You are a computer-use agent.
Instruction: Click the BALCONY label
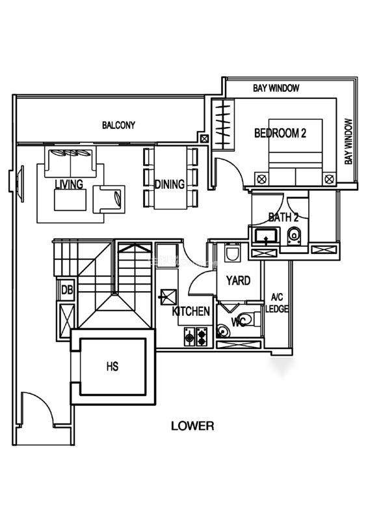pos(118,125)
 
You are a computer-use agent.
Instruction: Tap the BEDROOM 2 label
pos(280,134)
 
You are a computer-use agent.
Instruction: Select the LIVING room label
pos(69,184)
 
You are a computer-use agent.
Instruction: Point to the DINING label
pos(170,184)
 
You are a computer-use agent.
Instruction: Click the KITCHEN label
pos(191,311)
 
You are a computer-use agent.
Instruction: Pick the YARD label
pos(238,281)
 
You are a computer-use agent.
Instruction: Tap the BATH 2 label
pos(283,218)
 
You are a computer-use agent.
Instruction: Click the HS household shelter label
pos(112,367)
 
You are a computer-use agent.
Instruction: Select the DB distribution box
pos(67,290)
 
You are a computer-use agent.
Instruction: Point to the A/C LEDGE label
pos(276,303)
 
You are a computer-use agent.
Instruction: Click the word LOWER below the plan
pos(192,426)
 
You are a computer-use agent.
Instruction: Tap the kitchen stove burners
pos(196,337)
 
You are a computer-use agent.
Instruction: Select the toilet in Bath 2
pos(294,236)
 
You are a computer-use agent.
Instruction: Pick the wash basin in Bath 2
pos(266,236)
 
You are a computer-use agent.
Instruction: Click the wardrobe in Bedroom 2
pos(222,123)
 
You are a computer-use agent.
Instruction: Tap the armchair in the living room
pos(109,199)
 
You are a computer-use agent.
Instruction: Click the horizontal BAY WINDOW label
pos(276,88)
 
